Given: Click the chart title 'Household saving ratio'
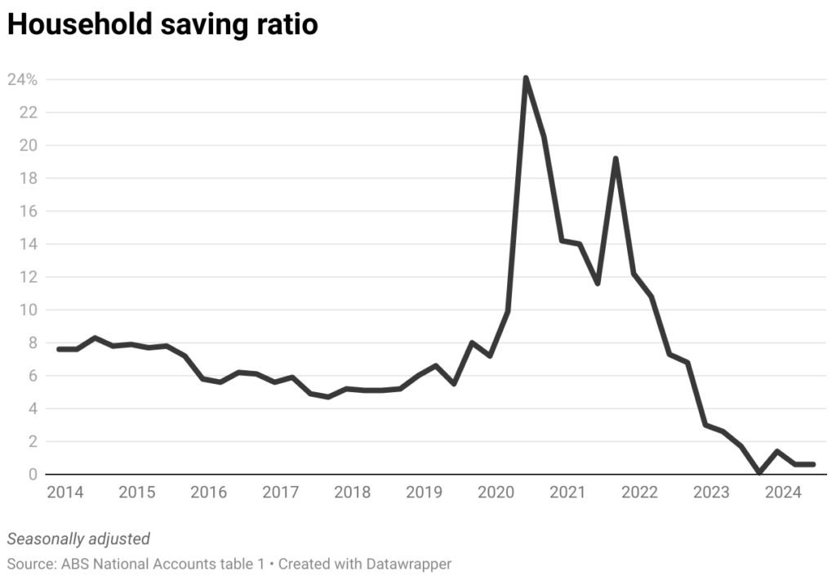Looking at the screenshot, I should point(162,25).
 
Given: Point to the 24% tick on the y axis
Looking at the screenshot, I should point(23,80).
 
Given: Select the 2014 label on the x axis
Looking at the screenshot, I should point(64,493).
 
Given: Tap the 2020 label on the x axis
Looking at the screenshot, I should point(496,493).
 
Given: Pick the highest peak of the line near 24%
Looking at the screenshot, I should point(526,78).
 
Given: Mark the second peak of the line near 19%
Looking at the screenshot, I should point(616,158).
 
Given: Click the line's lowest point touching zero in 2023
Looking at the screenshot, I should point(759,472).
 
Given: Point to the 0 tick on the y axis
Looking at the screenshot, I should point(33,475).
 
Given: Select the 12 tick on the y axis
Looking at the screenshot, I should point(29,277).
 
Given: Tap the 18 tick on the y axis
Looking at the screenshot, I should point(29,178).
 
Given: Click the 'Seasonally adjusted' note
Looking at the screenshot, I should point(78,538).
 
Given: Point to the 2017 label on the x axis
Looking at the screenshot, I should point(280,493).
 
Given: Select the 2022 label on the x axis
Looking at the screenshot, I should point(639,493).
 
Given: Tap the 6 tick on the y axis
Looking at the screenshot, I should point(33,376).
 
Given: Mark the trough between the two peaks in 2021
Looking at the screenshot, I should point(598,283).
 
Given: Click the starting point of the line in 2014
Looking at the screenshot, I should point(59,349).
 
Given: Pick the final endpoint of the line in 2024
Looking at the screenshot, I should point(813,464).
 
